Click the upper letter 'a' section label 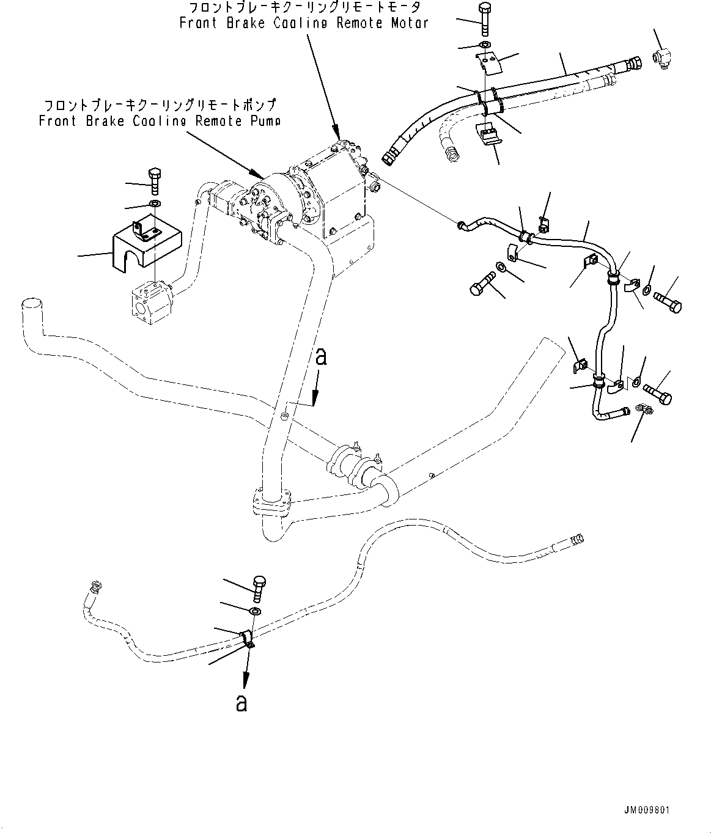point(321,356)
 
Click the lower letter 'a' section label point(242,703)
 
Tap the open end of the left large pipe point(31,304)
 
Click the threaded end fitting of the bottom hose point(575,538)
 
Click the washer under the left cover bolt point(155,204)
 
